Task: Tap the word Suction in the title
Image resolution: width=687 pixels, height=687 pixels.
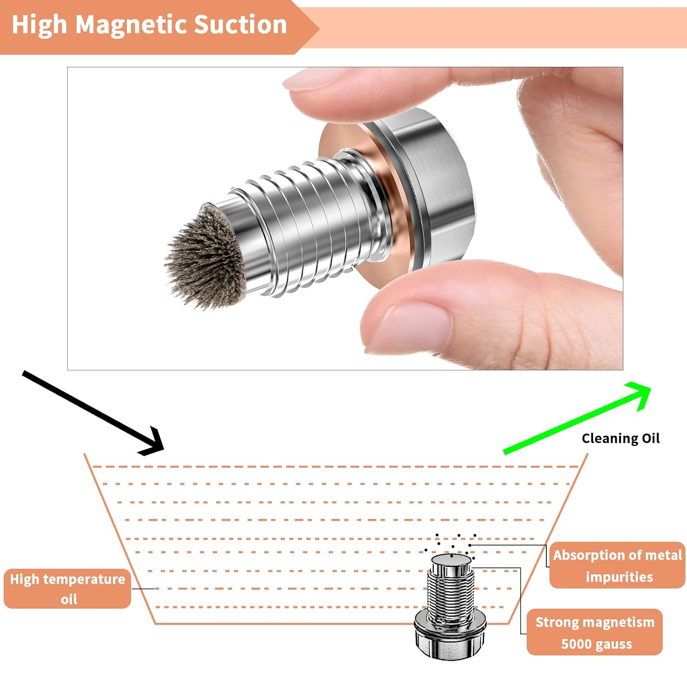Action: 240,25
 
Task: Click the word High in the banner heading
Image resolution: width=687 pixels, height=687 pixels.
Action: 39,25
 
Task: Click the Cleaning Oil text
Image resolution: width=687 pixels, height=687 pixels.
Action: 620,438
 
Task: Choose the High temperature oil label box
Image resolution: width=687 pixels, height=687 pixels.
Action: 67,589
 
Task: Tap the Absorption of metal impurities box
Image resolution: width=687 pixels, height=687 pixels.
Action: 617,565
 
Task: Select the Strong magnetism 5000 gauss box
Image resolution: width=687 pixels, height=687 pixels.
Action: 594,632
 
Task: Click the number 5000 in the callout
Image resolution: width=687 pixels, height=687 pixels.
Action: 577,644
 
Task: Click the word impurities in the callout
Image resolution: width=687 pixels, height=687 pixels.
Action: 619,577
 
